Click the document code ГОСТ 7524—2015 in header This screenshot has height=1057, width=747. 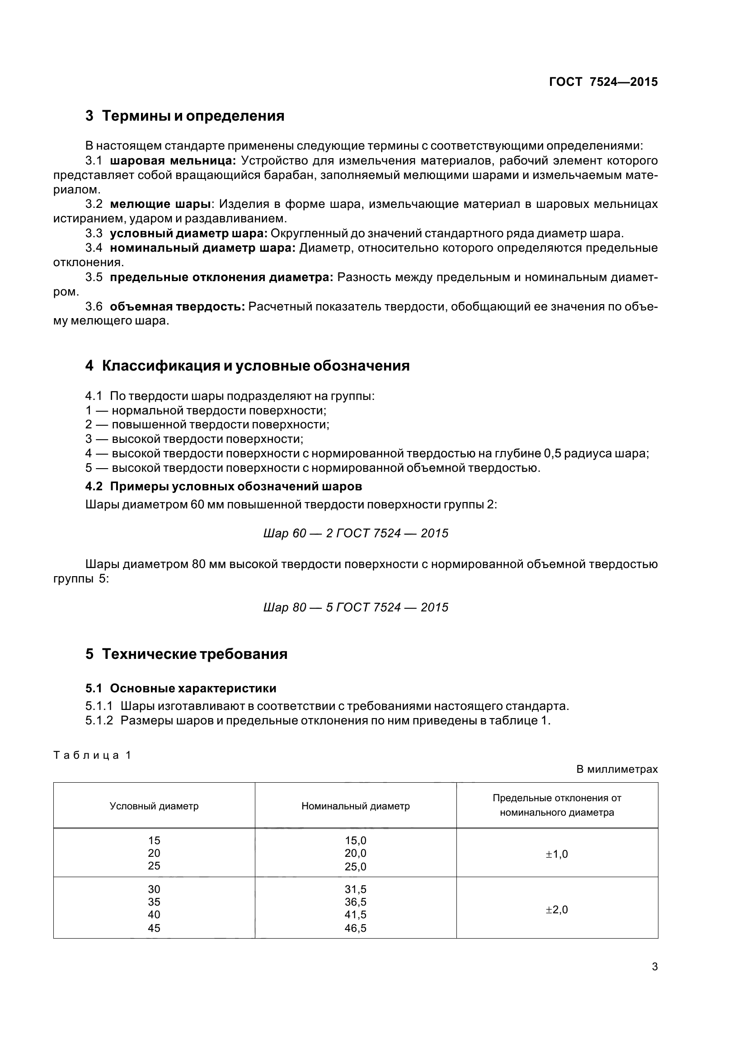[603, 82]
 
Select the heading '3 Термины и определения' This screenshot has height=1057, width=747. [184, 116]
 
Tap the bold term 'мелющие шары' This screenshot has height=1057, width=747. [160, 204]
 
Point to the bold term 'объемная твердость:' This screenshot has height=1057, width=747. [177, 306]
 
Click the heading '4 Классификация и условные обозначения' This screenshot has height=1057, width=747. [247, 366]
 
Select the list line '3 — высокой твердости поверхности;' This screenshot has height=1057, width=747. [194, 439]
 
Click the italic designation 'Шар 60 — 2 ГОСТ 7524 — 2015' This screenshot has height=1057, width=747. [355, 533]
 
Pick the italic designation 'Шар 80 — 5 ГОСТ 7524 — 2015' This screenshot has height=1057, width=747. [355, 607]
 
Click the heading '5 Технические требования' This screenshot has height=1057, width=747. [186, 654]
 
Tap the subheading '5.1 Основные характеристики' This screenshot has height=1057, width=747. [180, 688]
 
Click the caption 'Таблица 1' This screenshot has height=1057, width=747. [93, 755]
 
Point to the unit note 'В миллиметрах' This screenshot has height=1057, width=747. [617, 769]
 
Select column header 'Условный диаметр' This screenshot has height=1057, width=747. [154, 806]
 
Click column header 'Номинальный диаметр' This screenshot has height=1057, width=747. [355, 806]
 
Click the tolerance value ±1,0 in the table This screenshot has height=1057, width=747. [556, 855]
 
